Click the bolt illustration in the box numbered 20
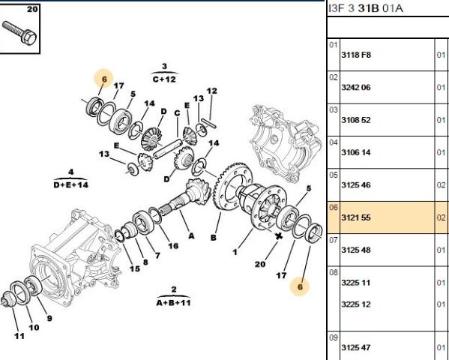tap(19, 33)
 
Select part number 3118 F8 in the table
tap(356, 55)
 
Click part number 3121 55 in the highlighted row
tap(355, 217)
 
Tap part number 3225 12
tap(355, 304)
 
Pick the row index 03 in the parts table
tap(334, 109)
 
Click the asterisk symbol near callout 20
tap(278, 236)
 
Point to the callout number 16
tap(173, 246)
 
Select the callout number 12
tap(211, 91)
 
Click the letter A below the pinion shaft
tap(191, 236)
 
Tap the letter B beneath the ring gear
tap(214, 238)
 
